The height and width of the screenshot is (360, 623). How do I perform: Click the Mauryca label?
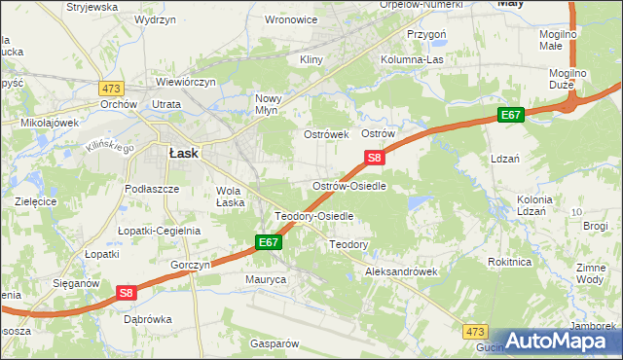265,279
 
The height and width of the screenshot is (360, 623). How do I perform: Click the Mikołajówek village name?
49,124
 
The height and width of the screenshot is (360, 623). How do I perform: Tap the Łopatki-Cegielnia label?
159,231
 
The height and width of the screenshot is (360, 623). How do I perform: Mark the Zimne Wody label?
590,272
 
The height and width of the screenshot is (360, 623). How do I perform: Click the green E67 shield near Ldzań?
511,115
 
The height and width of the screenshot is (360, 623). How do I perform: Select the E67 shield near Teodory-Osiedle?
269,242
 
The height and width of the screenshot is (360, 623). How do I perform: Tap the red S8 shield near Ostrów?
375,157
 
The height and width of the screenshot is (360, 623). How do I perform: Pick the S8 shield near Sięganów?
127,291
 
